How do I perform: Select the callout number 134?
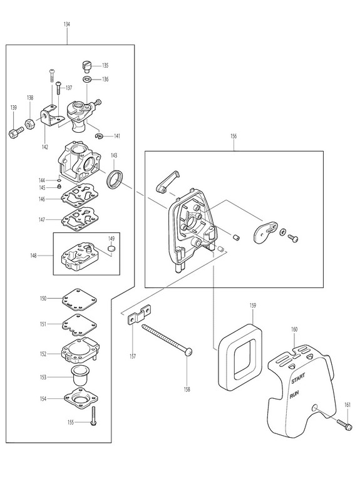pyautogui.click(x=67, y=24)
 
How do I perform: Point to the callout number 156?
pyautogui.click(x=234, y=136)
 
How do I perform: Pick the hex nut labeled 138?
pyautogui.click(x=29, y=123)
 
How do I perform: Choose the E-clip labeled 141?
pyautogui.click(x=100, y=137)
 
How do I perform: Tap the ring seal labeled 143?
pyautogui.click(x=114, y=179)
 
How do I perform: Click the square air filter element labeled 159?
pyautogui.click(x=240, y=356)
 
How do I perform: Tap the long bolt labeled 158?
pyautogui.click(x=167, y=339)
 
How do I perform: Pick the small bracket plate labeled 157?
pyautogui.click(x=140, y=315)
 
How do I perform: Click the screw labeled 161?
pyautogui.click(x=344, y=425)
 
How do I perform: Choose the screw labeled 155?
pyautogui.click(x=94, y=416)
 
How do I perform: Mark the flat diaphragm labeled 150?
pyautogui.click(x=80, y=299)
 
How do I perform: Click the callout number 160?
pyautogui.click(x=294, y=329)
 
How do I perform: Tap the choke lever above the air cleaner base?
pyautogui.click(x=168, y=181)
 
